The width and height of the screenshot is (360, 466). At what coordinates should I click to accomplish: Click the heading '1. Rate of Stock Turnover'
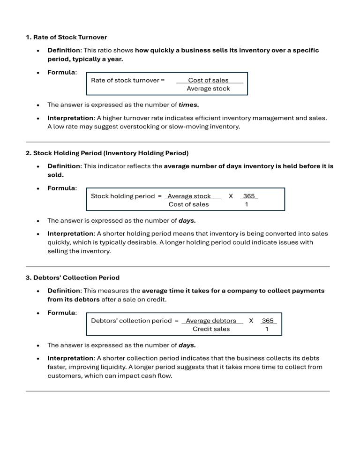pos(66,37)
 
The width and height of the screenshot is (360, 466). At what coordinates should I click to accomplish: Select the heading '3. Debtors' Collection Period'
pos(72,278)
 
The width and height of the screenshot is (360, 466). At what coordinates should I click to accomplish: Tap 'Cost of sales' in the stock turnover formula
pos(208,80)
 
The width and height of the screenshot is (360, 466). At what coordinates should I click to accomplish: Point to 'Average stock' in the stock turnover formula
pos(208,89)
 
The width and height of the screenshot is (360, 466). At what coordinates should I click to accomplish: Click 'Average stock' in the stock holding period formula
pos(189,196)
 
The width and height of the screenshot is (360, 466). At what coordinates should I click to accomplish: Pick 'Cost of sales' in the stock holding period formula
pos(188,204)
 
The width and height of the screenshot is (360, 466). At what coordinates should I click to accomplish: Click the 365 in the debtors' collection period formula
pos(268,321)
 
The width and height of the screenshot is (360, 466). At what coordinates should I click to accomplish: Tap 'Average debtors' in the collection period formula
pos(211,321)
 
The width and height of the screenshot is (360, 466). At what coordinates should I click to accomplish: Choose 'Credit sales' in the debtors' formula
pos(211,329)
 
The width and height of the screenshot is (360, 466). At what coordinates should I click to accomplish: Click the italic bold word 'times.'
pos(189,105)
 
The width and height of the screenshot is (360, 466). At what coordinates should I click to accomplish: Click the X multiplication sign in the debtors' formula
pos(251,321)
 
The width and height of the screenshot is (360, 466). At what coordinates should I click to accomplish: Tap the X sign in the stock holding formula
pos(231,196)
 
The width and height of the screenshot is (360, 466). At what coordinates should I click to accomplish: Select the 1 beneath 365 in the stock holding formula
pos(247,204)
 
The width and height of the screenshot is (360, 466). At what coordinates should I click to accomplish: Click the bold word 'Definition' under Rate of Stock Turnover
pos(64,50)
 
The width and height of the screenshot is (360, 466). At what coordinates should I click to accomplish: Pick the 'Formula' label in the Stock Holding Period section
pos(61,188)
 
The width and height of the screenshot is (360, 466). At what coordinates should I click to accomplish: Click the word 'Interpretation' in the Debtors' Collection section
pos(70,358)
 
